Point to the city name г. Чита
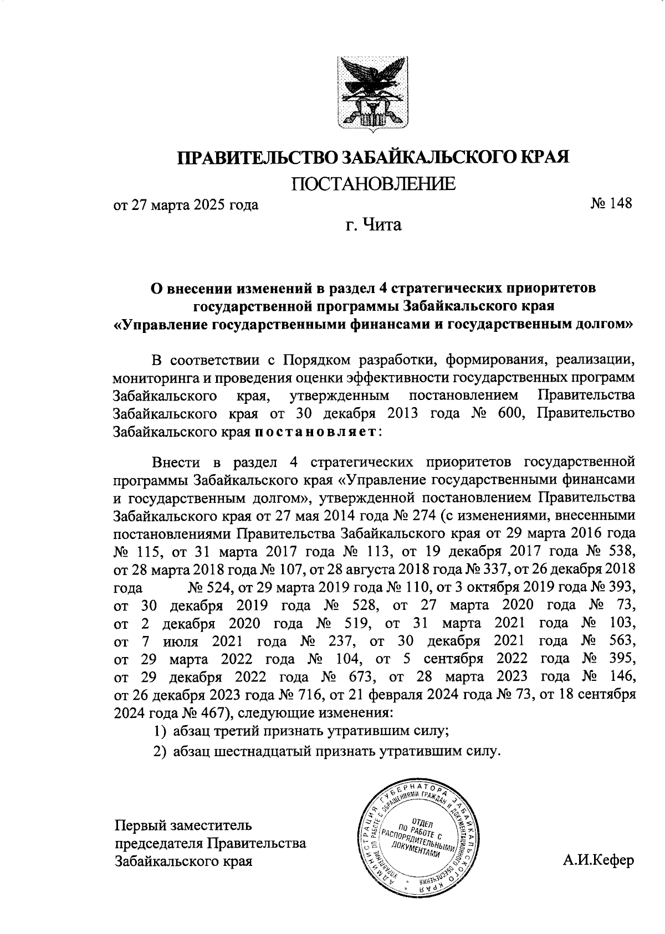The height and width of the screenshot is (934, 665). pos(372,225)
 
